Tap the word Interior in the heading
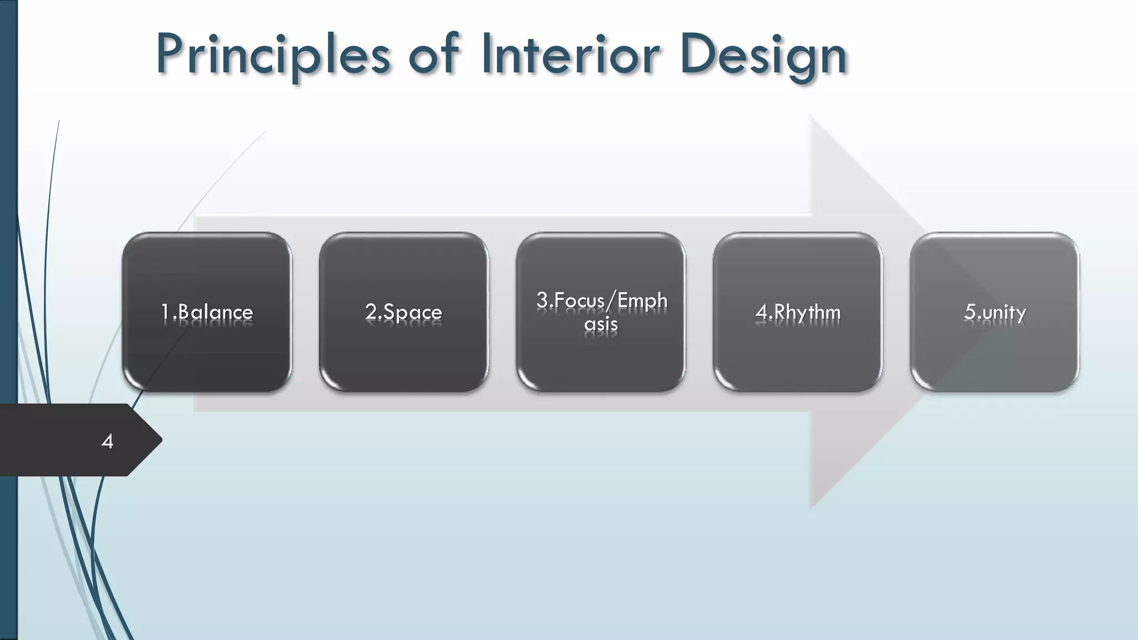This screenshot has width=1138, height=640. pyautogui.click(x=571, y=54)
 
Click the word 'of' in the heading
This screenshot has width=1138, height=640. pyautogui.click(x=433, y=54)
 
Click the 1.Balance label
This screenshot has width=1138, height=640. pyautogui.click(x=207, y=312)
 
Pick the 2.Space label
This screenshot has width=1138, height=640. pyautogui.click(x=403, y=312)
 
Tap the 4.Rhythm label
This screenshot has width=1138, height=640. pyautogui.click(x=797, y=312)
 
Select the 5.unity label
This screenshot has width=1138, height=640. pyautogui.click(x=995, y=312)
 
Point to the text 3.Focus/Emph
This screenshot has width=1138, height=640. pyautogui.click(x=601, y=301)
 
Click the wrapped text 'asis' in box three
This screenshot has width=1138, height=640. pyautogui.click(x=601, y=324)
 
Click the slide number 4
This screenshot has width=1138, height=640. pyautogui.click(x=107, y=442)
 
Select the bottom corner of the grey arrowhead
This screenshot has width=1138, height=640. pyautogui.click(x=811, y=508)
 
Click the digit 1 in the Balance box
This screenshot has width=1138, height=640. pyautogui.click(x=165, y=312)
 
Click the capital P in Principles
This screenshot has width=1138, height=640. pyautogui.click(x=170, y=54)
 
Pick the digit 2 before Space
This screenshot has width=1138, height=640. pyautogui.click(x=371, y=312)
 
